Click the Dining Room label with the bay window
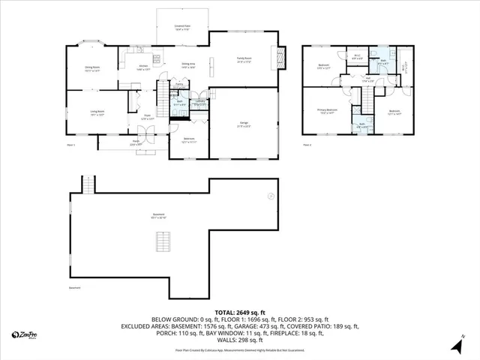tap(92, 68)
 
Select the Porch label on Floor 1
tap(137, 143)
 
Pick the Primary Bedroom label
tap(326, 112)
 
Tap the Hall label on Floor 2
tap(368, 78)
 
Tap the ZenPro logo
tap(25, 334)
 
